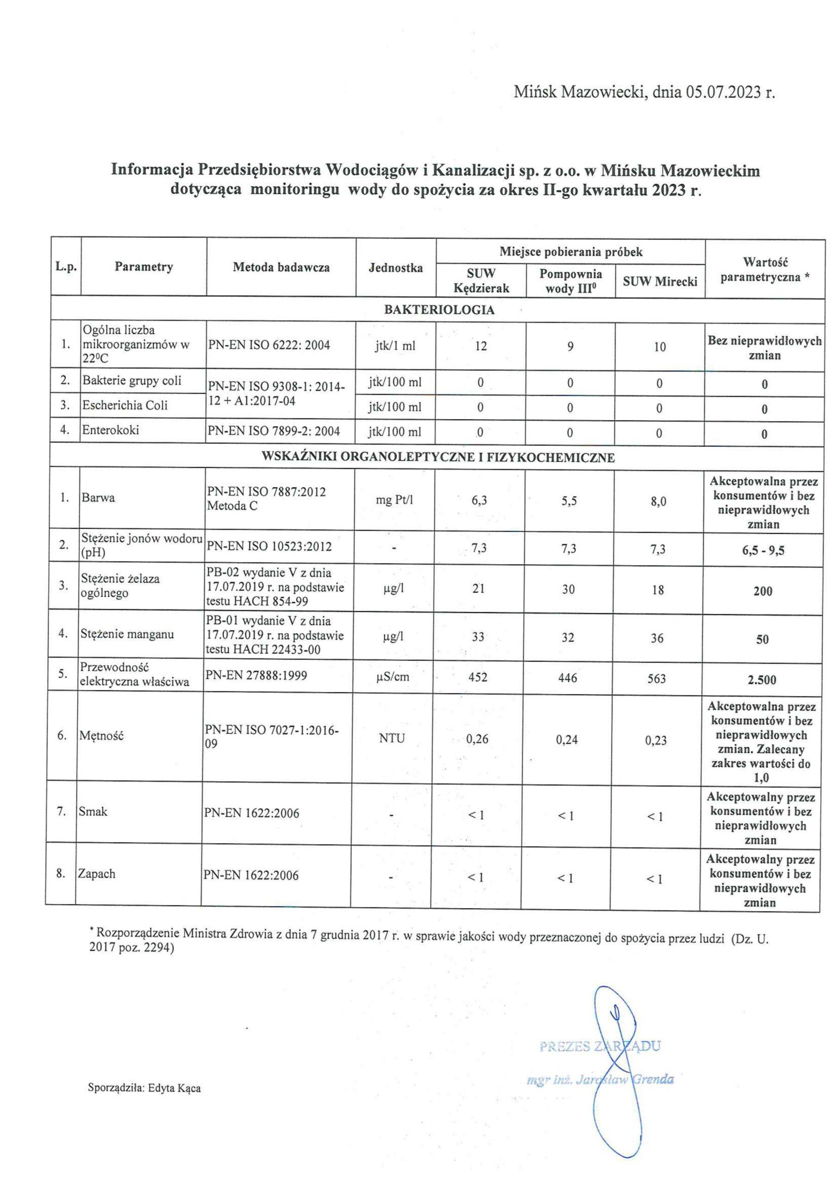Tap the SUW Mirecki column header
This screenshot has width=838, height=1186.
(x=660, y=281)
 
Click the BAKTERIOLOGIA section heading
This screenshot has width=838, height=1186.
(x=439, y=310)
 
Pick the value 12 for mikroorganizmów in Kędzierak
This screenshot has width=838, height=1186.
(x=481, y=346)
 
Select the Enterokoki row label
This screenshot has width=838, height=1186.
(x=111, y=430)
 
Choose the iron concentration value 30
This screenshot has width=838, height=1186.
(x=569, y=589)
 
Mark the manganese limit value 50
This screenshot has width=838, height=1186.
(x=763, y=639)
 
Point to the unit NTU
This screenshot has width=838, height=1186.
(x=392, y=738)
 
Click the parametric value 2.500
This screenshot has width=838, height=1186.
(x=762, y=680)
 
